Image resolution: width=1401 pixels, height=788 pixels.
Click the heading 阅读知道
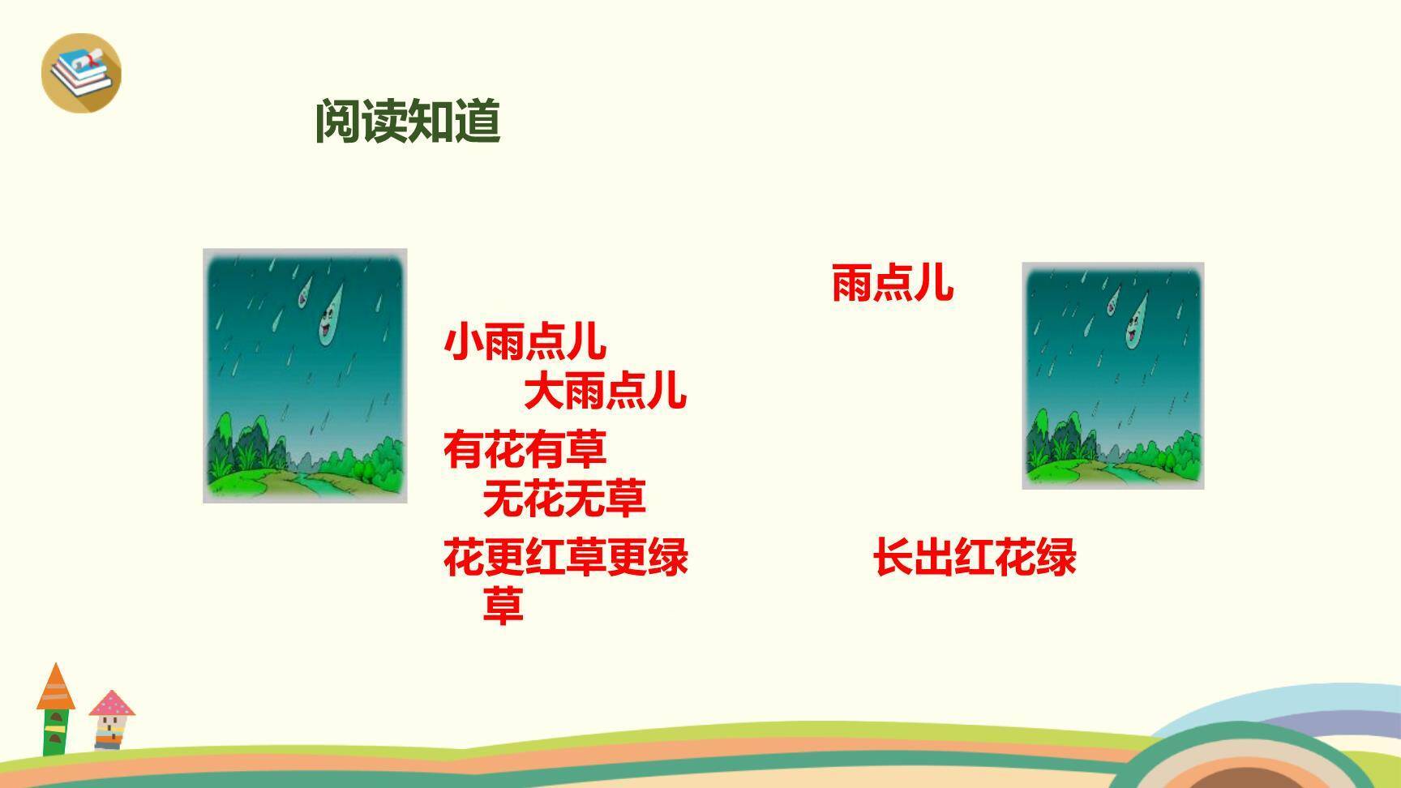click(x=407, y=122)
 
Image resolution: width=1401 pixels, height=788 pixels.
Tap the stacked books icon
click(x=80, y=71)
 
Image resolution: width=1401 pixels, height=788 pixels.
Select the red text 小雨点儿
click(x=525, y=342)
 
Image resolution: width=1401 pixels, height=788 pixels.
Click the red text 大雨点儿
click(x=605, y=391)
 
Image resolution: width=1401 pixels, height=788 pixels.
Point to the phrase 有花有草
click(x=525, y=449)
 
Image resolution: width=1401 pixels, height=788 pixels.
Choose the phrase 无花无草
click(x=564, y=498)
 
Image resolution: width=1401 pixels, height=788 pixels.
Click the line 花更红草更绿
click(x=565, y=557)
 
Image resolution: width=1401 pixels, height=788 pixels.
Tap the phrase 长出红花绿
click(x=975, y=557)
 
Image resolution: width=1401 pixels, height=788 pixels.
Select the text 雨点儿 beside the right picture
click(x=893, y=284)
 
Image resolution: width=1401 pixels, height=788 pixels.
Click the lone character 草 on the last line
click(x=503, y=606)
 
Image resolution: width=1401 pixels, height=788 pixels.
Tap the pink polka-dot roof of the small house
click(x=112, y=703)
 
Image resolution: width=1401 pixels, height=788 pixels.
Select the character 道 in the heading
click(x=477, y=122)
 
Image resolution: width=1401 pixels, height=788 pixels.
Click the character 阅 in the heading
click(x=338, y=122)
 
